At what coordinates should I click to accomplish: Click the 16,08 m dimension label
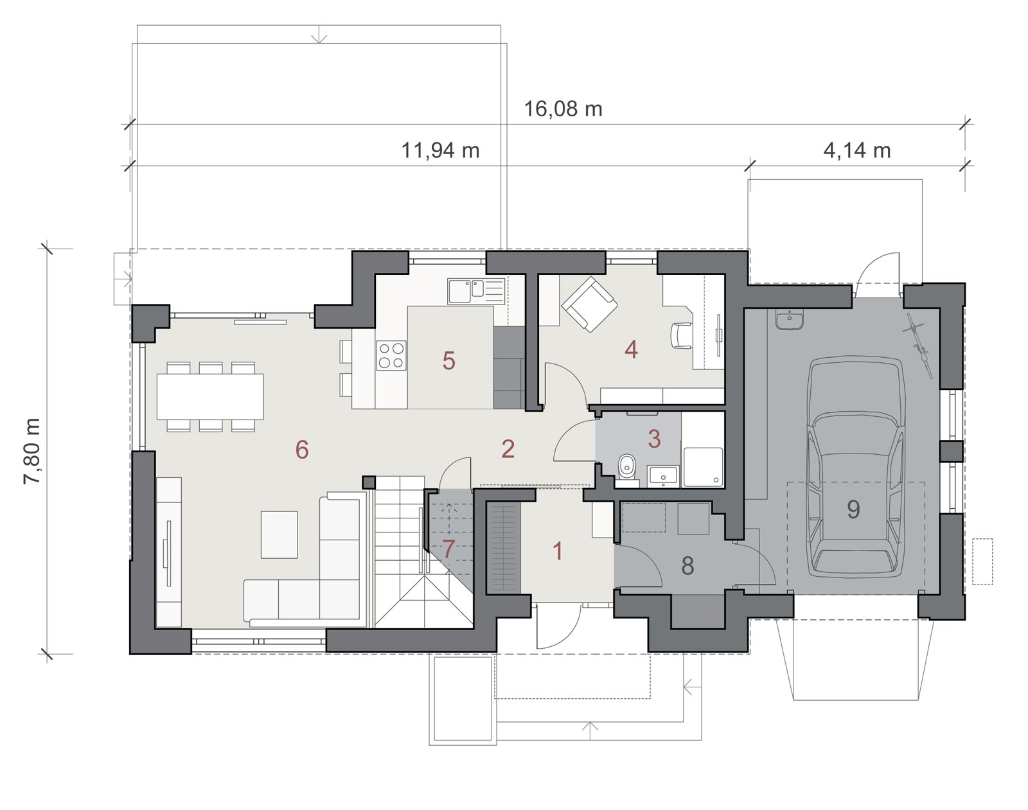coord(563,109)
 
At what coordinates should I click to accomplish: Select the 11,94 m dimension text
coord(440,150)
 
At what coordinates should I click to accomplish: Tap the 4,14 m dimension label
coord(857,150)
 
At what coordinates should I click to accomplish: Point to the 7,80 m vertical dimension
coord(32,451)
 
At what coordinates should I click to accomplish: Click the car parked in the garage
coord(855,466)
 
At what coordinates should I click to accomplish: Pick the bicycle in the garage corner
coord(918,349)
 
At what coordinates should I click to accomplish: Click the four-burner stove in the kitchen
coord(391,355)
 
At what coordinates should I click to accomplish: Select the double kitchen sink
coord(476,291)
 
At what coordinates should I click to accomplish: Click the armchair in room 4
coord(589,304)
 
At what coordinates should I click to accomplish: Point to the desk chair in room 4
coord(681,336)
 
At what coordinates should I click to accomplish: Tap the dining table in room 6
coord(210,396)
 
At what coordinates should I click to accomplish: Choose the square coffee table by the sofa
coord(279,534)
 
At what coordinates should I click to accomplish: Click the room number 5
coord(448,360)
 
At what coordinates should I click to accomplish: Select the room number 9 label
coord(854,509)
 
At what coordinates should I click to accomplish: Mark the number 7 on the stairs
coord(448,549)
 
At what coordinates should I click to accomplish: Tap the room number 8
coord(687,566)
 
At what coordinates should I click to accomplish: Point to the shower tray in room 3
coord(703,466)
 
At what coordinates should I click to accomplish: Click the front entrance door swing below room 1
coord(559,626)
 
